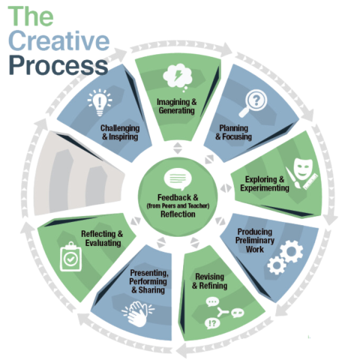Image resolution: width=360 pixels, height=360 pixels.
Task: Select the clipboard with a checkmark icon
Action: (x=73, y=259)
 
